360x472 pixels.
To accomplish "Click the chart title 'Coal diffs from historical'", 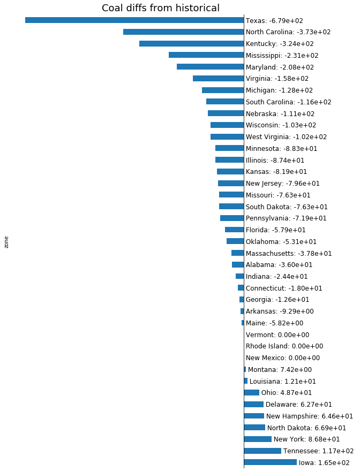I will click(161, 8).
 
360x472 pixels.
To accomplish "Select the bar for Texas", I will click(134, 20).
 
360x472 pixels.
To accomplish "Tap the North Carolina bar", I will click(184, 32).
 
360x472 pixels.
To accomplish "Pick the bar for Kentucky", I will click(192, 43).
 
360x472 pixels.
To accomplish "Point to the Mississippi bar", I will click(206, 55).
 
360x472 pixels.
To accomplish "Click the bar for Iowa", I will click(270, 462).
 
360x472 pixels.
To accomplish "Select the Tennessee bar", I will click(262, 451).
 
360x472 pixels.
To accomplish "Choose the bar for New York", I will click(258, 439).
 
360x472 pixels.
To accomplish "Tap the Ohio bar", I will click(252, 392).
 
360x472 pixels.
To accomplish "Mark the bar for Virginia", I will click(219, 79).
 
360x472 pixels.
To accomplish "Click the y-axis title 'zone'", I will click(6, 241).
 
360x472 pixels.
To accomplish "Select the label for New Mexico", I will click(282, 358).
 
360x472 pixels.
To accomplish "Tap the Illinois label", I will click(275, 160).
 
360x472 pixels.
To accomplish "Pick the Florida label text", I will click(276, 230).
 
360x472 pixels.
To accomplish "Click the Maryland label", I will click(280, 67).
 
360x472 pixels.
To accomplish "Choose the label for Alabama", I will click(279, 265).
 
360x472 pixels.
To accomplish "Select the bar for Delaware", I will click(253, 404).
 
